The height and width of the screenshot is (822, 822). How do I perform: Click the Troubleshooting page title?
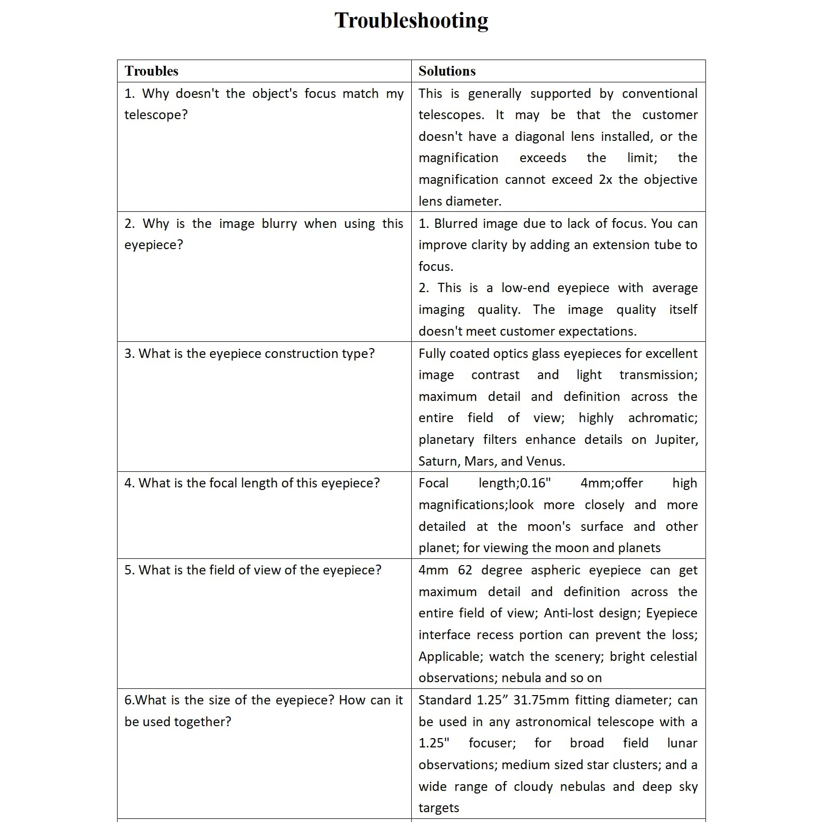(x=411, y=21)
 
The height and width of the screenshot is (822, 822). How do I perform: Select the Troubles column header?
(x=151, y=71)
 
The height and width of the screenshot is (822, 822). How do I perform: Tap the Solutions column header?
(x=447, y=71)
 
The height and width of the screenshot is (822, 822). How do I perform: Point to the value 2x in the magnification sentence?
(x=605, y=180)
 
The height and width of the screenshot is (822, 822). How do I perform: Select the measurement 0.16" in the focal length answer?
(x=535, y=483)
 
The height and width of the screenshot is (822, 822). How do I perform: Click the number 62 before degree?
(x=465, y=570)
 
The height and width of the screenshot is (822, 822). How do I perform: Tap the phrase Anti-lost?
(x=566, y=613)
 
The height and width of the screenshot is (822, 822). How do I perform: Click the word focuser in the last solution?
(x=492, y=743)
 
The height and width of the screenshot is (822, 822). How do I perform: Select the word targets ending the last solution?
(x=439, y=808)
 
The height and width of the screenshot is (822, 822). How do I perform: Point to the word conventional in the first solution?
(x=659, y=94)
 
